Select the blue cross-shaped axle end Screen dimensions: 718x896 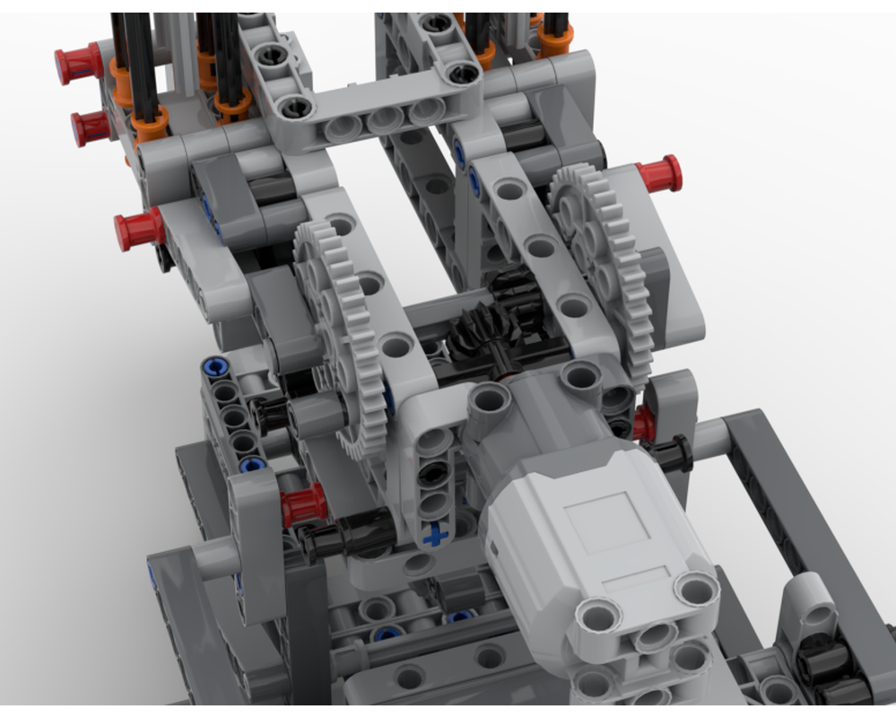pos(436,536)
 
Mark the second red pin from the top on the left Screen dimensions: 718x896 pos(91,127)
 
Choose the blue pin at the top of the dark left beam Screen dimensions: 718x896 pos(214,366)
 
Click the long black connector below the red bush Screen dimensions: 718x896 pos(350,536)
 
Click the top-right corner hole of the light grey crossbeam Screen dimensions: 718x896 pos(464,73)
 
